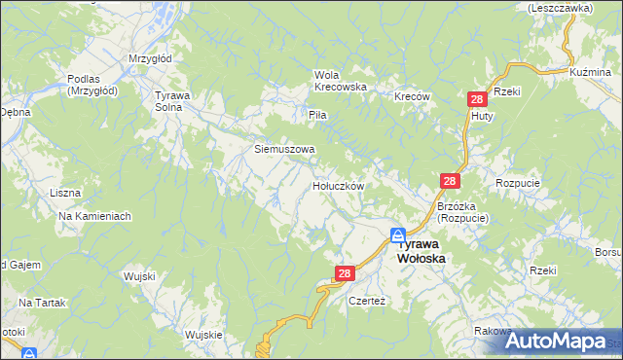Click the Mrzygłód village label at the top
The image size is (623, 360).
tap(150, 58)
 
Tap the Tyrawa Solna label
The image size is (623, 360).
tap(176, 101)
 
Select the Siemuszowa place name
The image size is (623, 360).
tap(284, 150)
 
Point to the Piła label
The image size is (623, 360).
tap(316, 115)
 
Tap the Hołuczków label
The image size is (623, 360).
tap(338, 185)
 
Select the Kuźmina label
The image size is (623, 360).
tap(590, 72)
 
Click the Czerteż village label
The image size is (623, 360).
tap(368, 302)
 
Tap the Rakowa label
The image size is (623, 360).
tap(494, 332)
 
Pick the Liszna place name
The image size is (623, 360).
tap(64, 193)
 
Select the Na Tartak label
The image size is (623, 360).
tap(41, 304)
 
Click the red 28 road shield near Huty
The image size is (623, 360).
tap(477, 99)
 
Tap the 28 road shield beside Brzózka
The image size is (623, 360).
tap(449, 182)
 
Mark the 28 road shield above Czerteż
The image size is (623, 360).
tap(344, 275)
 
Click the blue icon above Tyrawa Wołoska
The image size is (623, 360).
tap(398, 234)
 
